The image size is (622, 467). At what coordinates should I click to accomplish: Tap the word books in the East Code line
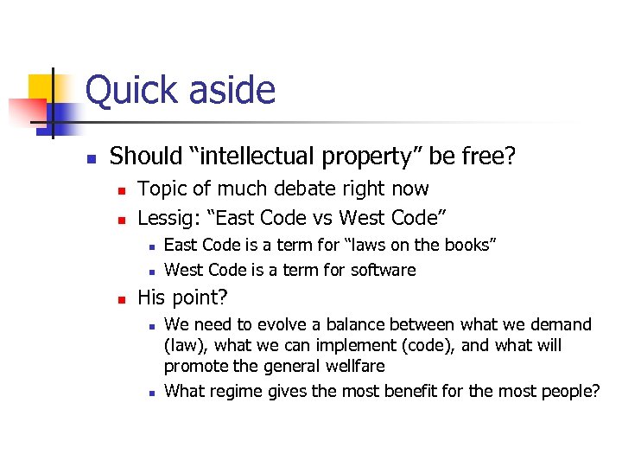click(x=463, y=246)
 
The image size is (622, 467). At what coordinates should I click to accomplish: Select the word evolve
click(x=283, y=325)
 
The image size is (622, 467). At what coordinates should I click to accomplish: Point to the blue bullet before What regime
click(x=150, y=393)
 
